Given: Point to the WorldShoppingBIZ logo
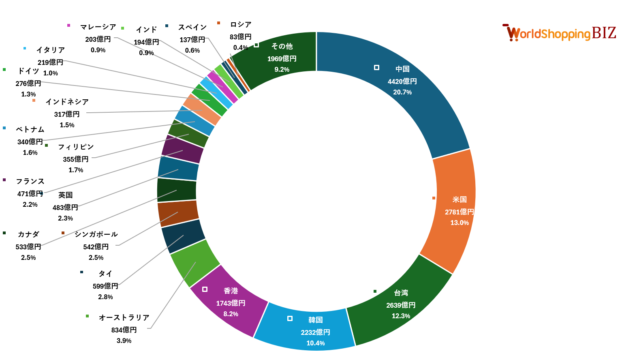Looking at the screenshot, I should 559,33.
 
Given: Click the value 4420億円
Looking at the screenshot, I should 402,81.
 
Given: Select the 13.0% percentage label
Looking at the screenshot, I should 460,223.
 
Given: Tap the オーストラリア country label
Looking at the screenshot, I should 124,317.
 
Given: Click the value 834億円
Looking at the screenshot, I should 124,330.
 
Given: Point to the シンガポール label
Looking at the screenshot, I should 96,234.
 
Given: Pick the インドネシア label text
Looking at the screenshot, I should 67,102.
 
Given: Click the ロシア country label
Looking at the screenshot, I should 241,25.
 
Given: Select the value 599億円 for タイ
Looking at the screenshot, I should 105,286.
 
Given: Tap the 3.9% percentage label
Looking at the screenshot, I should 124,341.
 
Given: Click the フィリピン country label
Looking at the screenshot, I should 76,147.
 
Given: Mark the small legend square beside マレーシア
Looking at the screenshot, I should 68,26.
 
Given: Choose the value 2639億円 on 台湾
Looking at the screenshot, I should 401,305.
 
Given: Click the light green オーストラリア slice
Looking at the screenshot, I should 195,264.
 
